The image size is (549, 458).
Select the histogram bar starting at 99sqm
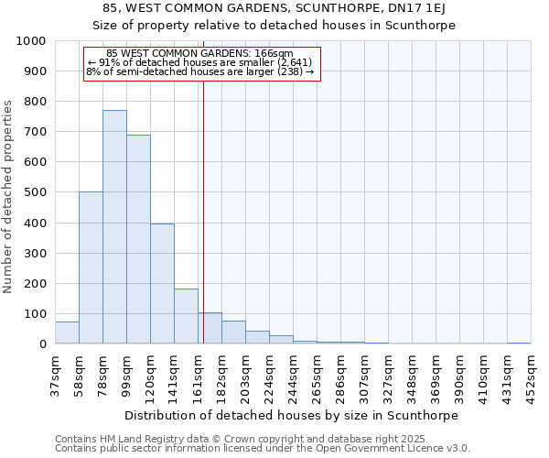(138, 239)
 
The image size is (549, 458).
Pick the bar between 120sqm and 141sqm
(162, 284)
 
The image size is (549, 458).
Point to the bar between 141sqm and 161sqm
(186, 317)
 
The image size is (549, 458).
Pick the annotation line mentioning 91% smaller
(200, 62)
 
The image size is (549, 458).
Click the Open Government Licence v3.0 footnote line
(263, 449)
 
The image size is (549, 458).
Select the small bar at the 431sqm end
(519, 343)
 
